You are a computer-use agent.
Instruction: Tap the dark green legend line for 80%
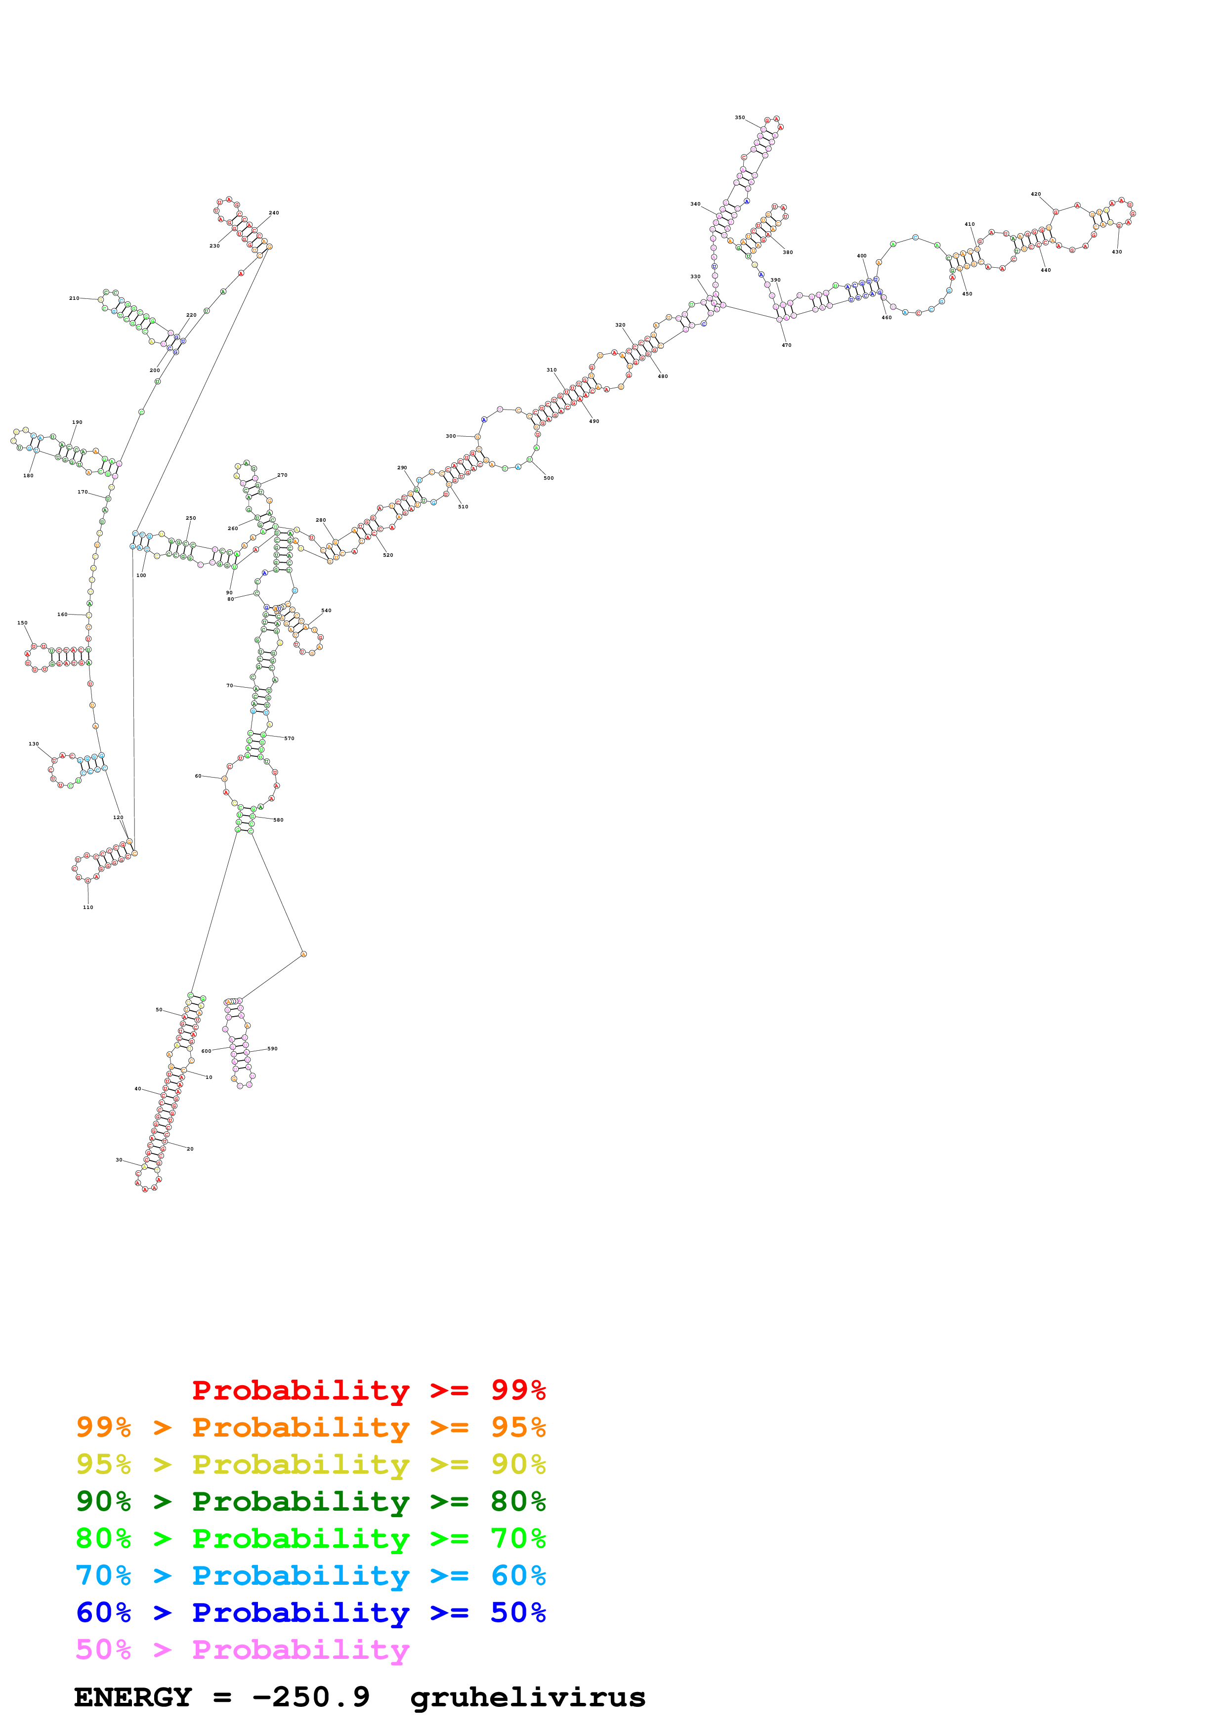(x=310, y=1501)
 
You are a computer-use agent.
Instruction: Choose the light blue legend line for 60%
(x=310, y=1575)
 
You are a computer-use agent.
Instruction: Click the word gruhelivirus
(x=528, y=1697)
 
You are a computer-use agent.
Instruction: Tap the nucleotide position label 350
(x=740, y=118)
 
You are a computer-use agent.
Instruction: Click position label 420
(x=1036, y=194)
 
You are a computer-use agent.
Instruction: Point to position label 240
(x=274, y=213)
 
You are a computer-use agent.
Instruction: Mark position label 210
(x=74, y=298)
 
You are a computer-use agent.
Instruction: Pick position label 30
(x=119, y=1160)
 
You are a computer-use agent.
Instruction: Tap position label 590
(x=272, y=1048)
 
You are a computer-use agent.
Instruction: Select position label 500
(x=549, y=478)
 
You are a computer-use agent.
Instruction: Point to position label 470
(x=787, y=345)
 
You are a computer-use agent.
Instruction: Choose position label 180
(x=28, y=476)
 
